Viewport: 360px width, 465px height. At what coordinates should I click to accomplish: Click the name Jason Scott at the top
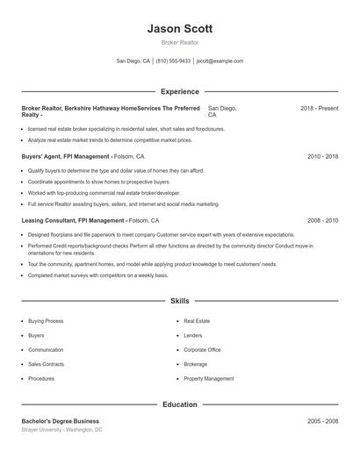179,29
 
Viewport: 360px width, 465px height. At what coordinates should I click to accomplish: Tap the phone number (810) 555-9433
174,61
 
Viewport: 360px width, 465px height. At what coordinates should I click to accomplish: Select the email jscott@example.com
220,61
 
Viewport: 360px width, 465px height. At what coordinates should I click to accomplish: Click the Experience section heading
179,91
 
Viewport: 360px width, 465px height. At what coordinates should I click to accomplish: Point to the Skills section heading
179,301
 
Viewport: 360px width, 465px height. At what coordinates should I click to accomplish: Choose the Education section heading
179,404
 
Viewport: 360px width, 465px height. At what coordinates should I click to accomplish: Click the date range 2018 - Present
319,108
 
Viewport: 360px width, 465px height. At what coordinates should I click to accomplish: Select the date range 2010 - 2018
322,156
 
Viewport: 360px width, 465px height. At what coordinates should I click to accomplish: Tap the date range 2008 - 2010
322,221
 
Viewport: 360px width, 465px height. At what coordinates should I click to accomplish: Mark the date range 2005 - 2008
322,421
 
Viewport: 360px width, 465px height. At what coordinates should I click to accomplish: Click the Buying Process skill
46,321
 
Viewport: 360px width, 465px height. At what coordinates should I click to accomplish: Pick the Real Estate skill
197,321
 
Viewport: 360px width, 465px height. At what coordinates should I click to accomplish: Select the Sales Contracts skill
47,364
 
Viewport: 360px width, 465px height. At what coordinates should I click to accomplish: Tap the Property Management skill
209,378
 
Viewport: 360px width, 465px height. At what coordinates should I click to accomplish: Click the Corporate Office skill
202,349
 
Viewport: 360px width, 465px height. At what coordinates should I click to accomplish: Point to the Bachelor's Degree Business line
61,421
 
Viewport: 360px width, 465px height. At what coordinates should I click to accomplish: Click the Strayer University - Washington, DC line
61,430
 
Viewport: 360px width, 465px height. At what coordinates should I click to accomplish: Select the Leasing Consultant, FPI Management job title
73,221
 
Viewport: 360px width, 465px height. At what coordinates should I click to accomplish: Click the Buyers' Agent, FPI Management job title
66,156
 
